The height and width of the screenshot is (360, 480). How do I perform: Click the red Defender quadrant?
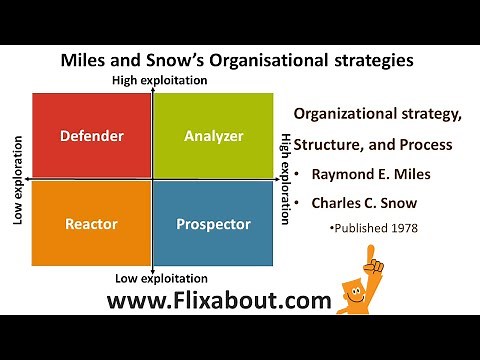(x=91, y=134)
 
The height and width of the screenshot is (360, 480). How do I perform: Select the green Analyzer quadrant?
(x=213, y=134)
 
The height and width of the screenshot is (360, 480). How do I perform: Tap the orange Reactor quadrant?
(x=91, y=224)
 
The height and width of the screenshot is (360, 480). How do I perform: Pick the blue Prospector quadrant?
(x=213, y=224)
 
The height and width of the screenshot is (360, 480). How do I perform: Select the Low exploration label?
(x=18, y=179)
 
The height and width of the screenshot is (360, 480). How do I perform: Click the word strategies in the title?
(x=371, y=60)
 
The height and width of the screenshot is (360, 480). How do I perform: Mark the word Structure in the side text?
(x=335, y=144)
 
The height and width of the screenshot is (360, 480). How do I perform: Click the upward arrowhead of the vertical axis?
(x=152, y=91)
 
